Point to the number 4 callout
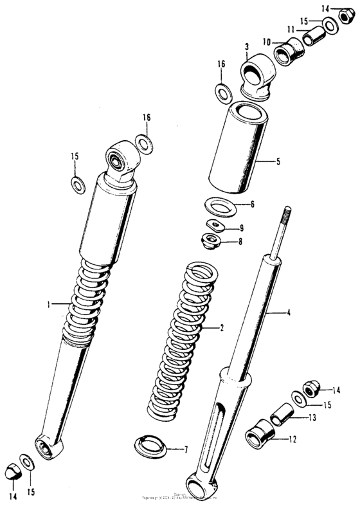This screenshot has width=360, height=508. pyautogui.click(x=289, y=313)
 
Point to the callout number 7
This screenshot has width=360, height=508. pyautogui.click(x=186, y=448)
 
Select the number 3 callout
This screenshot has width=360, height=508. pyautogui.click(x=247, y=46)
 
